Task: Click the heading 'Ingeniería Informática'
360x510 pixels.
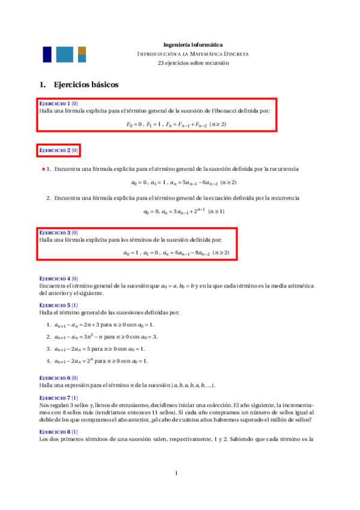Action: pyautogui.click(x=193, y=45)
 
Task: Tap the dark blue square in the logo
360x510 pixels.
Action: pyautogui.click(x=47, y=54)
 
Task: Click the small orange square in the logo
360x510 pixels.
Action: pyautogui.click(x=82, y=50)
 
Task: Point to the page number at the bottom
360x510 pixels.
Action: pyautogui.click(x=176, y=473)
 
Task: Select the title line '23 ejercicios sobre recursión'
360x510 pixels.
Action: pyautogui.click(x=193, y=63)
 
